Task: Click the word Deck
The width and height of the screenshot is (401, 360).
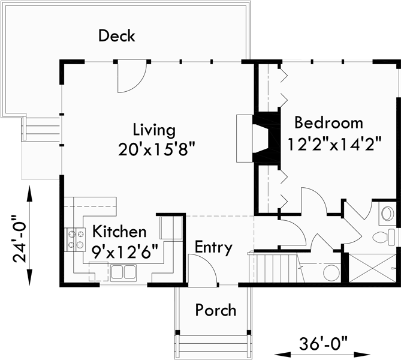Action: coord(117,36)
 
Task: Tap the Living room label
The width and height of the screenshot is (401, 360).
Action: coord(154,130)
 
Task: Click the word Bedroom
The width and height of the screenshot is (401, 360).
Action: coord(328,123)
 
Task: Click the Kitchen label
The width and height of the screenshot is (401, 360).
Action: coord(118,232)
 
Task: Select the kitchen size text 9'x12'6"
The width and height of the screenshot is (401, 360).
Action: coord(124,251)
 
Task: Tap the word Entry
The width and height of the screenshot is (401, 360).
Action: coord(213,247)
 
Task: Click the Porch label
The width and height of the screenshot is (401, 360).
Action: coord(216,310)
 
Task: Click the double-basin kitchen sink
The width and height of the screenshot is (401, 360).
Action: coord(123,273)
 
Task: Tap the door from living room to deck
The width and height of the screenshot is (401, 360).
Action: coord(131,76)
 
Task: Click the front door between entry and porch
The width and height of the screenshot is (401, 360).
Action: coord(201,268)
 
